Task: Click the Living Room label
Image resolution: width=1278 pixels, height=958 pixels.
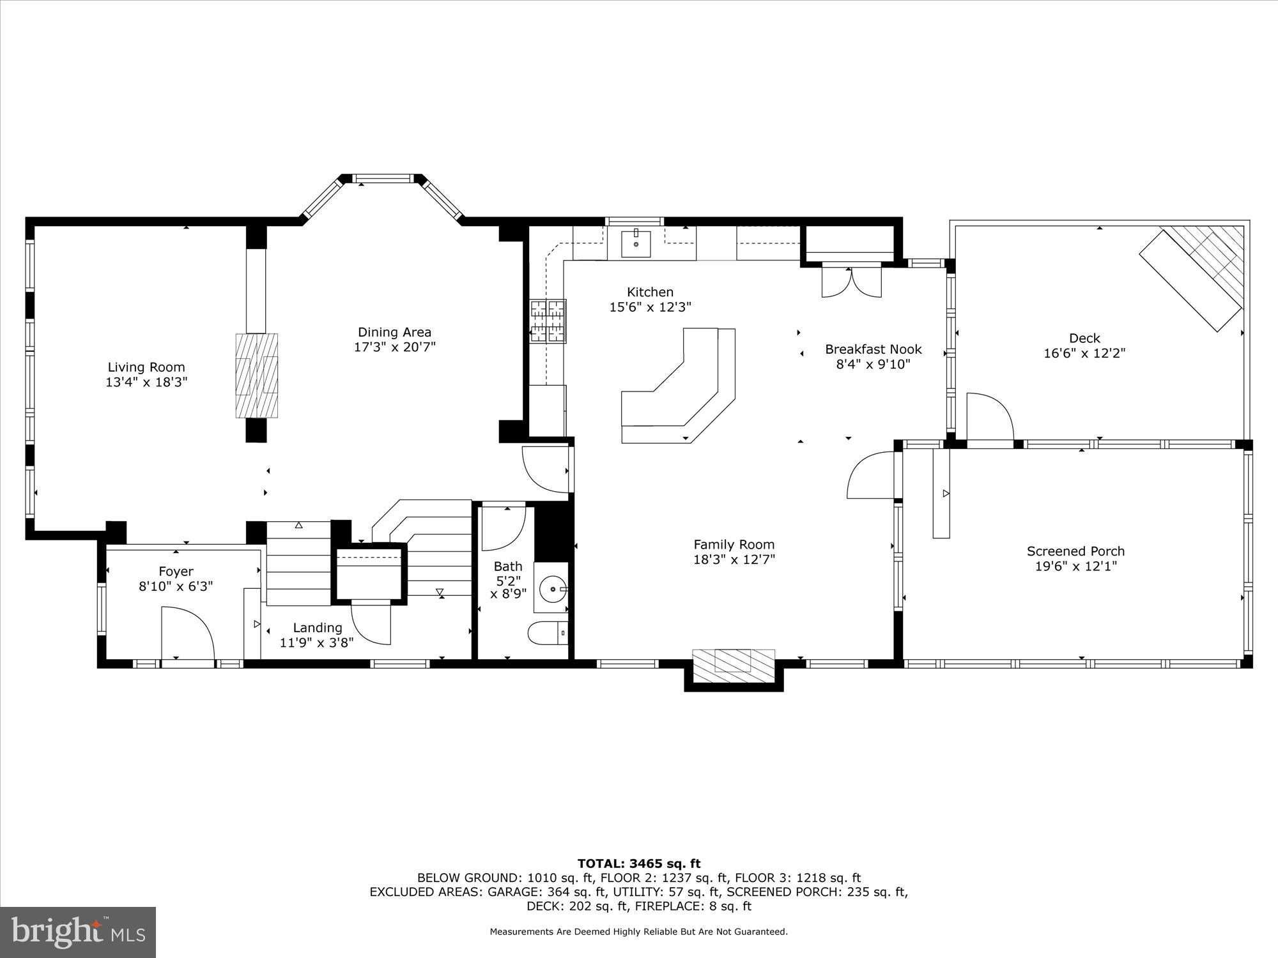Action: (146, 367)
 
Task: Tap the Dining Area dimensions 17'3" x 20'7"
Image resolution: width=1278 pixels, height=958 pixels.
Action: (394, 347)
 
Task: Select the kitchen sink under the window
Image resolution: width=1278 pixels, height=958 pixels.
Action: (636, 243)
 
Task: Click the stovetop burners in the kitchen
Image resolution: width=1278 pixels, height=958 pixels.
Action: (548, 321)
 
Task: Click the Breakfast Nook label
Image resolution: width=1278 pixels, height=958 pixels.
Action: (873, 349)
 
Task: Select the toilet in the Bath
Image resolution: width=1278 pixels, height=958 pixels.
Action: (547, 633)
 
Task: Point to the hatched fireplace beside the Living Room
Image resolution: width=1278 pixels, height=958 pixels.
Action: (257, 375)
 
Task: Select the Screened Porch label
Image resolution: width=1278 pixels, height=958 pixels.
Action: (1075, 551)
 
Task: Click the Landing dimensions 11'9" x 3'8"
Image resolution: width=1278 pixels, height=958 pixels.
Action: (316, 642)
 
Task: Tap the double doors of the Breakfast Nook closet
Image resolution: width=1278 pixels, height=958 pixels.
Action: (851, 282)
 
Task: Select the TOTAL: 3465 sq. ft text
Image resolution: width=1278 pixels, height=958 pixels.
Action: (639, 864)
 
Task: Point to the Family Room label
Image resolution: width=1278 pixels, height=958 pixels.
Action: (734, 545)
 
